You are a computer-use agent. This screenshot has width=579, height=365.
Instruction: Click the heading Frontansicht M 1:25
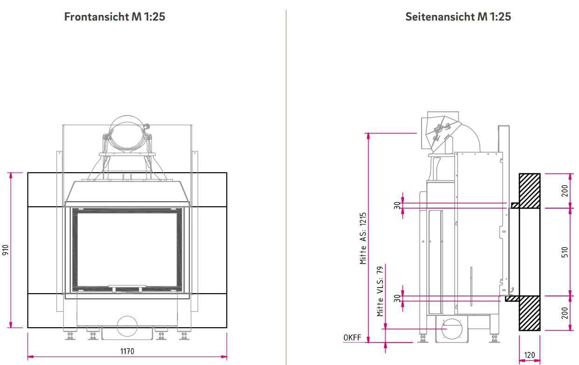[115, 17]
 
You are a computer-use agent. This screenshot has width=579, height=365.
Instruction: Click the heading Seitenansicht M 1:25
[458, 17]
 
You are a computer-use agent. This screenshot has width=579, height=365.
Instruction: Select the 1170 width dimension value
[127, 351]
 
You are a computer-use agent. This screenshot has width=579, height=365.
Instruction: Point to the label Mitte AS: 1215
[363, 239]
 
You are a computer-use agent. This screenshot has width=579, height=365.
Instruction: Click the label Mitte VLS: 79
[380, 291]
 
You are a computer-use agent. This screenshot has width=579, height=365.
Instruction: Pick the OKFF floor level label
[352, 337]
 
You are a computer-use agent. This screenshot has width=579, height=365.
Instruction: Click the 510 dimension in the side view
[565, 253]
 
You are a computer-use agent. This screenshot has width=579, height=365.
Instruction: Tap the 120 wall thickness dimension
[530, 355]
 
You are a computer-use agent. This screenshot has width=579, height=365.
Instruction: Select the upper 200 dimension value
[565, 190]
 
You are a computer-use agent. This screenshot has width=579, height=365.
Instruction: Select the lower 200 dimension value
[565, 313]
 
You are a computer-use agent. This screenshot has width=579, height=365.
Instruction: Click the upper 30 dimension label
[397, 205]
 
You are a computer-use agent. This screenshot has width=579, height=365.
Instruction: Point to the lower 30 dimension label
[397, 298]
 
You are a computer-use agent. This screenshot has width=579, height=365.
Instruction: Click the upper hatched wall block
[530, 191]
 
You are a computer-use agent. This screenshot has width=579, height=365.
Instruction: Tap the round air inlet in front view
[127, 326]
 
